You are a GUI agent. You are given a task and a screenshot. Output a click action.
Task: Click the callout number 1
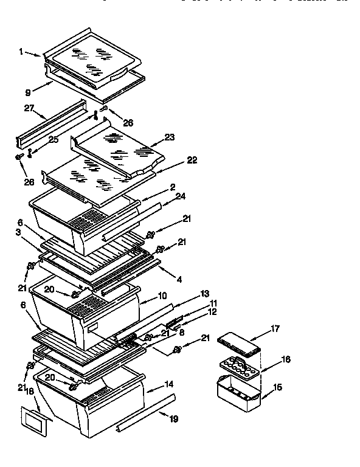tap(21, 52)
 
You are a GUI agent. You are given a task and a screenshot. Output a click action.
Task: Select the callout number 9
tap(27, 93)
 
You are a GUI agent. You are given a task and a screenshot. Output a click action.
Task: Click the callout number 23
tap(168, 137)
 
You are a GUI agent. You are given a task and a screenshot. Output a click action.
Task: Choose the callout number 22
tap(192, 160)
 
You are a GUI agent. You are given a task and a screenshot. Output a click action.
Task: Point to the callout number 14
tap(167, 384)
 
